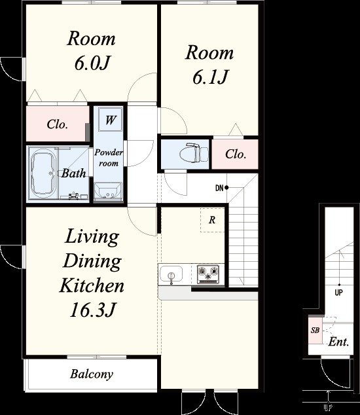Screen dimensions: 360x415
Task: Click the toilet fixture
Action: click(194, 153)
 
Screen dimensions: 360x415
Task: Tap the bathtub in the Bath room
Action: click(43, 173)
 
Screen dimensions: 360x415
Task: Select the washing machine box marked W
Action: click(110, 120)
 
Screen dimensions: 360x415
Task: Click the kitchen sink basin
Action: click(171, 274)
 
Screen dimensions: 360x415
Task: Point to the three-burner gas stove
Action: click(208, 274)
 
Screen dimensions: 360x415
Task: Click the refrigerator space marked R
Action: click(212, 220)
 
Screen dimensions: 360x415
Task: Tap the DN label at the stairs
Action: click(219, 188)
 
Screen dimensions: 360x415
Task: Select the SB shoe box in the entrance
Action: click(315, 330)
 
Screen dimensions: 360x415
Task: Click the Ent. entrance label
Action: click(338, 342)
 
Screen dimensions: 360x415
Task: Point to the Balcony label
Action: click(92, 374)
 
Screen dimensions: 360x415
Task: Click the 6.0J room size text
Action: click(92, 63)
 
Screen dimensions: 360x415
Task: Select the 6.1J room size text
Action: click(210, 77)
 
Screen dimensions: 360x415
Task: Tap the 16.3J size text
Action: click(92, 310)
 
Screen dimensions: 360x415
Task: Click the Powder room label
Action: click(109, 158)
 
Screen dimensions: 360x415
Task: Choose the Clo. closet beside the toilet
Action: click(236, 154)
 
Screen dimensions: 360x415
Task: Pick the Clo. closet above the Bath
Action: click(58, 124)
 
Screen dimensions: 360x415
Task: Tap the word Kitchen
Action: click(92, 285)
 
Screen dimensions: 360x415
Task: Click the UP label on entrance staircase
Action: click(339, 293)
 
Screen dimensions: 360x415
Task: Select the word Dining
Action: click(92, 261)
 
